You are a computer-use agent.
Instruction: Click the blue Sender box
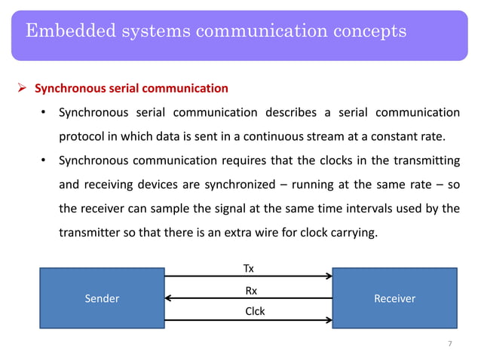tap(102, 297)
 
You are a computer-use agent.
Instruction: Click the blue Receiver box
tap(394, 297)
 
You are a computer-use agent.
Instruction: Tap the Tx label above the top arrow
tap(248, 268)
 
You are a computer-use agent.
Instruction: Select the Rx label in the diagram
tap(250, 289)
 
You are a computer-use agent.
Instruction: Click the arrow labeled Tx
tap(248, 276)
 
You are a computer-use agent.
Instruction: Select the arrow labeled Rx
tap(248, 298)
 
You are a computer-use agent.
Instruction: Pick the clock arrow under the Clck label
tap(248, 319)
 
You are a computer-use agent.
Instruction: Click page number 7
tap(449, 344)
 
